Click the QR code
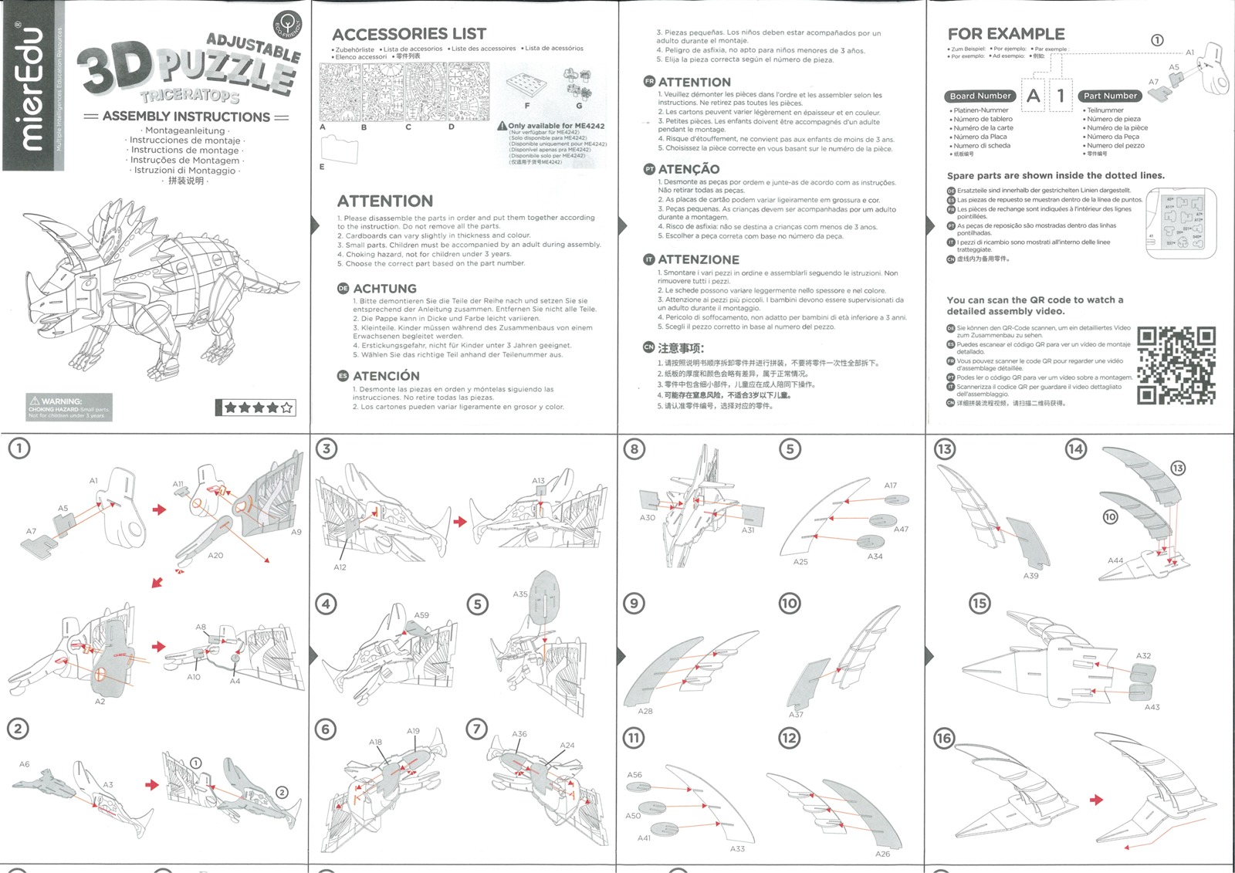[x=1176, y=366]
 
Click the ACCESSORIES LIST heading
[x=409, y=34]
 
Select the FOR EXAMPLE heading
[x=1006, y=34]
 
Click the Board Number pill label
[x=980, y=96]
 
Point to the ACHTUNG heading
[x=384, y=289]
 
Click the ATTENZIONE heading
[x=698, y=260]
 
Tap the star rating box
[x=255, y=408]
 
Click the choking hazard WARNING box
[x=69, y=408]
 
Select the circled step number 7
[x=477, y=729]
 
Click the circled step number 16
[x=944, y=739]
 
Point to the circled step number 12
[x=789, y=739]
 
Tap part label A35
[x=520, y=594]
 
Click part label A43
[x=1152, y=707]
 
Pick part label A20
[x=215, y=555]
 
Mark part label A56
[x=634, y=774]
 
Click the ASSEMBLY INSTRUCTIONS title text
[x=186, y=117]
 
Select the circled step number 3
[x=327, y=449]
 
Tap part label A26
[x=882, y=854]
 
